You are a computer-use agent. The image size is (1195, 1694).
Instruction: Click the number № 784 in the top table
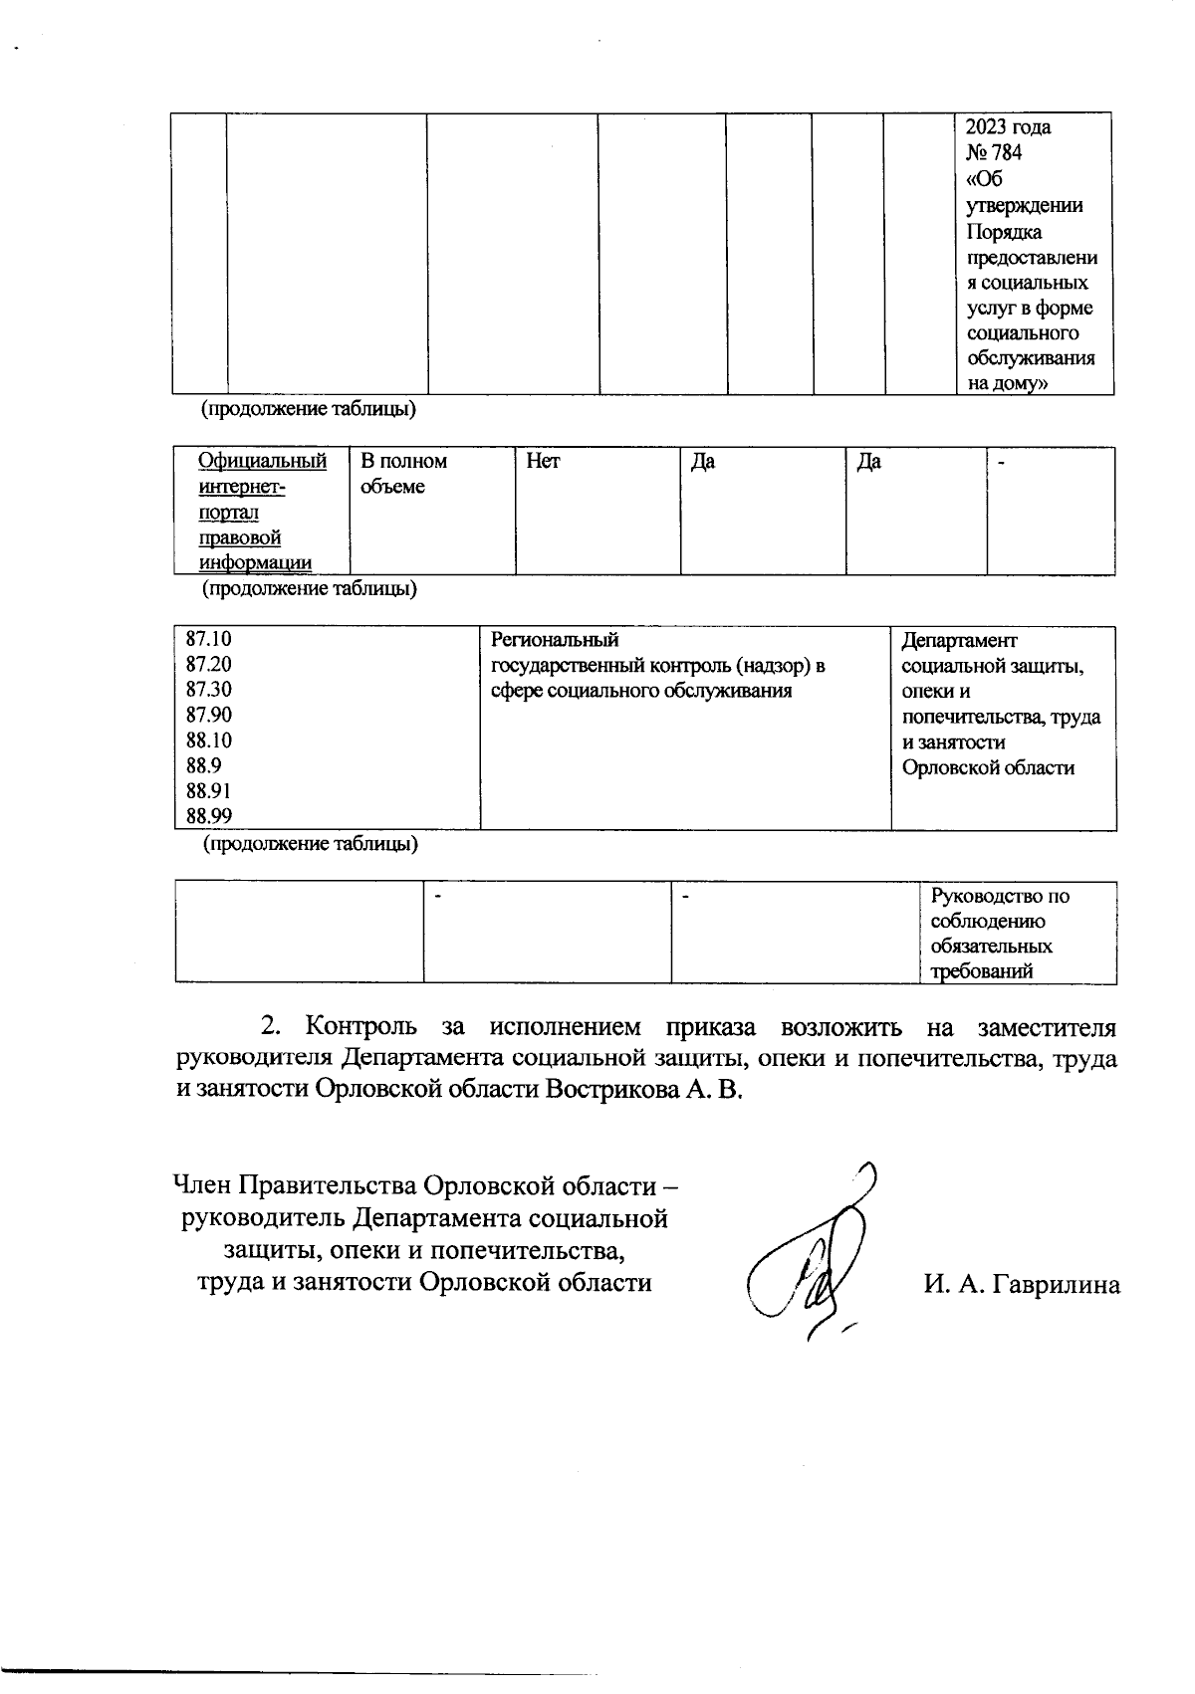click(x=994, y=153)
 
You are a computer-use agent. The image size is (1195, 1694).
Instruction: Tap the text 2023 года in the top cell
click(x=1008, y=127)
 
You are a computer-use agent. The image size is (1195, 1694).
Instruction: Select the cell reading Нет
click(x=543, y=462)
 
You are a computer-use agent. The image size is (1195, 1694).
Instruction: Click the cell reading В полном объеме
click(x=403, y=474)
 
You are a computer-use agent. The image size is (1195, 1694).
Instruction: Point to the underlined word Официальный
click(x=262, y=461)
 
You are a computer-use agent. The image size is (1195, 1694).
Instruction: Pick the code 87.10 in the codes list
click(x=208, y=639)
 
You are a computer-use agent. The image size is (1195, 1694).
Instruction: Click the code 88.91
click(x=208, y=791)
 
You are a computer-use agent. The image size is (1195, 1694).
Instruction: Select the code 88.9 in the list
click(x=203, y=765)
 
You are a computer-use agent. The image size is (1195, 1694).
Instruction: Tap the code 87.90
click(x=208, y=715)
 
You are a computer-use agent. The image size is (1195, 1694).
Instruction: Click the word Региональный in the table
click(x=555, y=640)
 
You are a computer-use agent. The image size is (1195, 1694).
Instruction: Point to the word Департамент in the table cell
click(x=959, y=640)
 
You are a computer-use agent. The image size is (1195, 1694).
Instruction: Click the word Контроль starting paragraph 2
click(x=361, y=1026)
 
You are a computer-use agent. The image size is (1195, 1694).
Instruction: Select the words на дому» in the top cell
click(x=1007, y=383)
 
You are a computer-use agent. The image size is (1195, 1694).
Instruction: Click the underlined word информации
click(x=255, y=563)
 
